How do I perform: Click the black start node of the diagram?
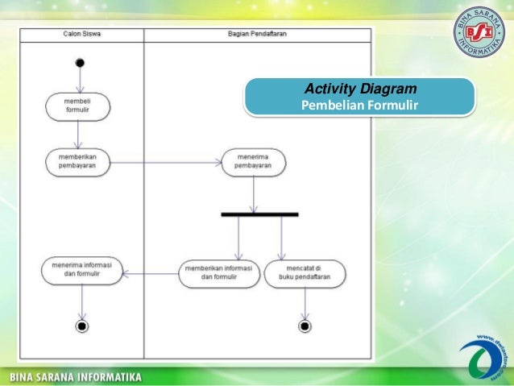click(80, 62)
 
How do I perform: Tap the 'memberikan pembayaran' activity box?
click(77, 161)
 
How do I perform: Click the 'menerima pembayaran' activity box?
click(254, 161)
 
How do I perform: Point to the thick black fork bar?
click(259, 214)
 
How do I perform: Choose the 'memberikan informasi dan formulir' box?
click(219, 273)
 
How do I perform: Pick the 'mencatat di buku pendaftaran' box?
click(305, 273)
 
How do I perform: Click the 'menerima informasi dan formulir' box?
click(81, 269)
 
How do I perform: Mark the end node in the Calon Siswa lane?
click(81, 326)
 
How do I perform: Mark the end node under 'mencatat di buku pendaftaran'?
click(305, 326)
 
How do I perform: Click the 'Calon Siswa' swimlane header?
click(81, 33)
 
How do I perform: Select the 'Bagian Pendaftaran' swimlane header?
click(258, 33)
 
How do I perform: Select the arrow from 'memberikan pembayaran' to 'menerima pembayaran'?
click(165, 161)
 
